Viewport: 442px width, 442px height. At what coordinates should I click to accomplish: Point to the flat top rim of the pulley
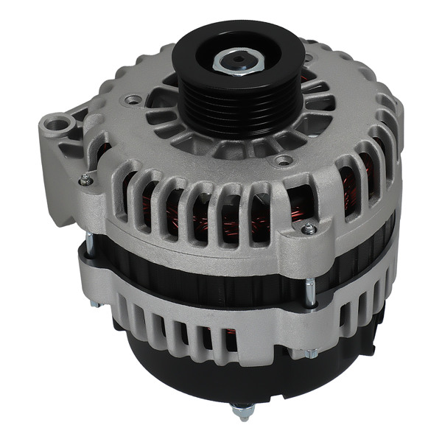[195, 44]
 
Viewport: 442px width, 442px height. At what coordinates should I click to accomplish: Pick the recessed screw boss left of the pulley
[134, 98]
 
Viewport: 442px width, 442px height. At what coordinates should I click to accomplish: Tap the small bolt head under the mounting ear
[87, 178]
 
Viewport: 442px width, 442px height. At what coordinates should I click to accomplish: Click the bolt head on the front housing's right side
[309, 229]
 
